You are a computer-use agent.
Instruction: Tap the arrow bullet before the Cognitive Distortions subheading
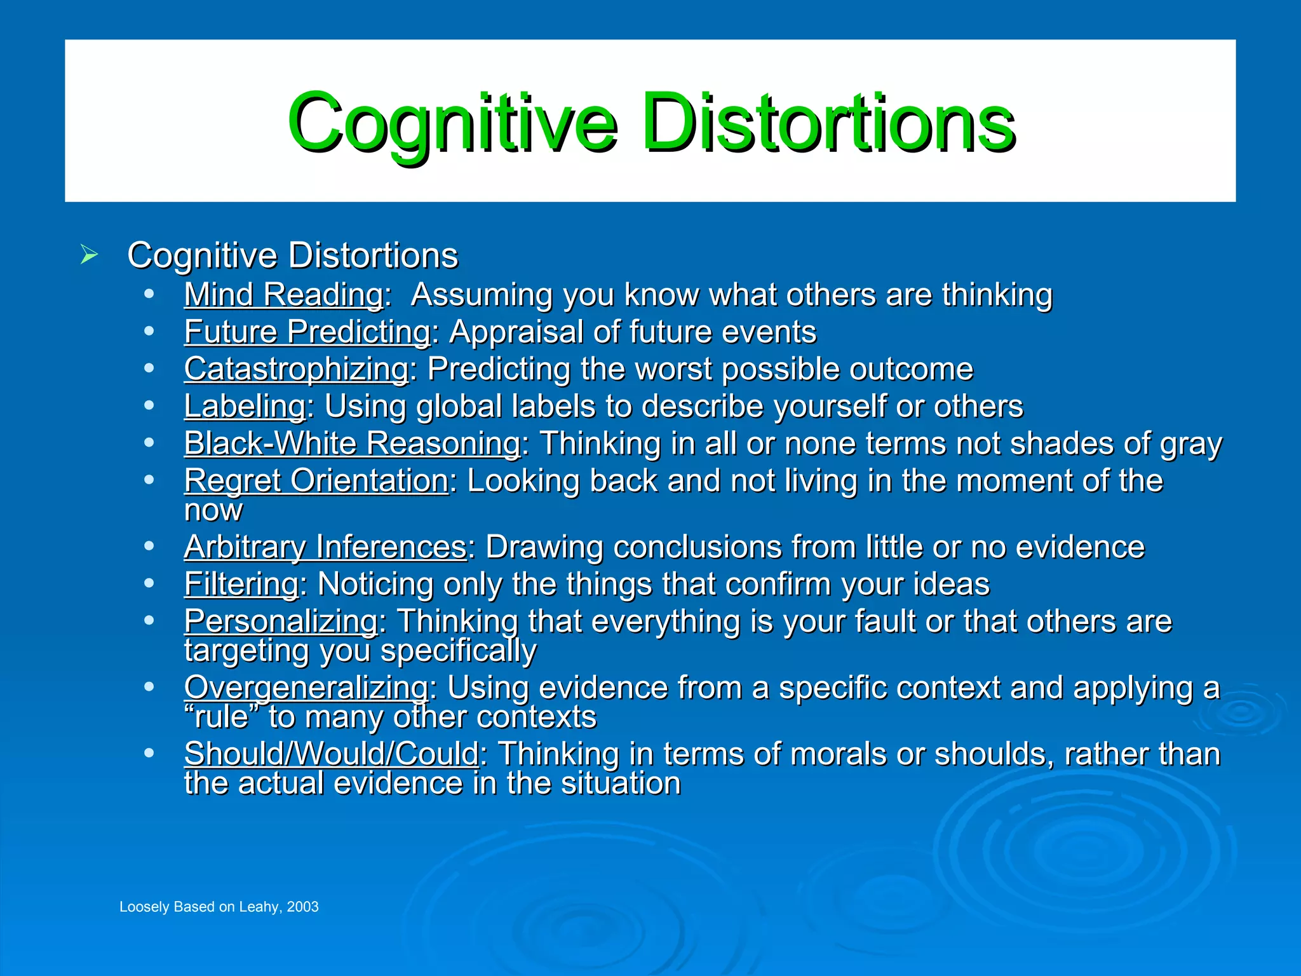[90, 255]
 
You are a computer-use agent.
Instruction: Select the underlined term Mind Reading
[284, 295]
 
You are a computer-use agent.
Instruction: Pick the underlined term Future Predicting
[307, 332]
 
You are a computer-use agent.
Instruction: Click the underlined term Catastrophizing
[297, 369]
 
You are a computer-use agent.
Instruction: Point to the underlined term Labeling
[245, 406]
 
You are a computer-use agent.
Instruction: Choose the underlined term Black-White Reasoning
[353, 444]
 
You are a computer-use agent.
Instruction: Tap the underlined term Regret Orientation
[316, 481]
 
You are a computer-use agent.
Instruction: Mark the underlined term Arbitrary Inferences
[325, 547]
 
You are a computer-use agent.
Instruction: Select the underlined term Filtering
[241, 585]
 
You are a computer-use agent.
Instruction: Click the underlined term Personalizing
[281, 621]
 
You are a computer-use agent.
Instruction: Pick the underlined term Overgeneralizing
[307, 688]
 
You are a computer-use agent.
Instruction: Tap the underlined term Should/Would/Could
[332, 754]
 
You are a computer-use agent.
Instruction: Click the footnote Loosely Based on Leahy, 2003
[219, 907]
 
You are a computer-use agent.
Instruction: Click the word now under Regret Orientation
[213, 511]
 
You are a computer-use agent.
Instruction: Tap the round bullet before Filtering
[149, 583]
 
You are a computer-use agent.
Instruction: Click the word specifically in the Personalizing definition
[458, 651]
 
